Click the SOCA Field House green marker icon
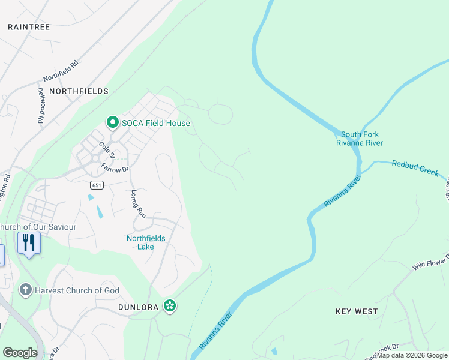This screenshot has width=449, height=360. pos(112,123)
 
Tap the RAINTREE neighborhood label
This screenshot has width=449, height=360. pos(29,27)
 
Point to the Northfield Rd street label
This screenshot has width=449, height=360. pos(61,71)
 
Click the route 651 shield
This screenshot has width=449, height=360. pos(98,185)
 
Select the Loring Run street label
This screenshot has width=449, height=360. pos(139,203)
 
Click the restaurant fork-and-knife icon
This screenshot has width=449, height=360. pos(29,243)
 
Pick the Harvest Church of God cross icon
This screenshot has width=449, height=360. pos(25,290)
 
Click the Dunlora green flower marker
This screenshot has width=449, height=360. pos(170,306)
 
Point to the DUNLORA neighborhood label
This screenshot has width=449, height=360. pos(139,307)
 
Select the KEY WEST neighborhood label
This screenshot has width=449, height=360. pos(357,311)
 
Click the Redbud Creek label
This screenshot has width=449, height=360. pos(415,167)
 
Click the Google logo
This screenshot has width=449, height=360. pos(20,353)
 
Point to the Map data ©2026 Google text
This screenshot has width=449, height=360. pos(412,355)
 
